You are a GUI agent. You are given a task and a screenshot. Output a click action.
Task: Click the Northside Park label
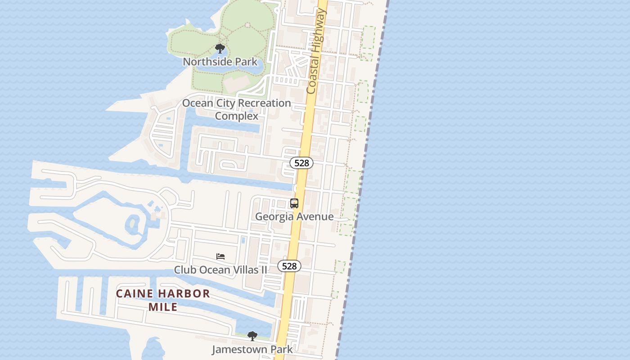click(220, 62)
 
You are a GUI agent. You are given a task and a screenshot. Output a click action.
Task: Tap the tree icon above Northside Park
click(220, 49)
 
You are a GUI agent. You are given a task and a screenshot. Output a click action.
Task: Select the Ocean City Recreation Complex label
click(236, 109)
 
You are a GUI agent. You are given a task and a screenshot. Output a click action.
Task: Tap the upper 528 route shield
click(301, 163)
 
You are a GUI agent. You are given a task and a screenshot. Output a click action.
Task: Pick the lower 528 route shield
click(289, 266)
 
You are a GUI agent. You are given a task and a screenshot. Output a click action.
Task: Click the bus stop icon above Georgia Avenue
click(294, 203)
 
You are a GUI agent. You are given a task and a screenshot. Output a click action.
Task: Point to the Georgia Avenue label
click(294, 216)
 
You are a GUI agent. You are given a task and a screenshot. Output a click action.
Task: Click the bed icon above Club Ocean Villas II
click(220, 256)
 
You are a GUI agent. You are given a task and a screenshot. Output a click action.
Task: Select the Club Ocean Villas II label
click(220, 270)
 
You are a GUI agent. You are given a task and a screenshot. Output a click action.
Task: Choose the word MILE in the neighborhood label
click(163, 307)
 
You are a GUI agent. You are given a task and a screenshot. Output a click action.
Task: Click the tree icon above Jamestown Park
click(252, 336)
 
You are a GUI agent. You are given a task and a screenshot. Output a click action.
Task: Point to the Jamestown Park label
click(252, 349)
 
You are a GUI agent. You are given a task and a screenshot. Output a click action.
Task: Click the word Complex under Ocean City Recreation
click(236, 116)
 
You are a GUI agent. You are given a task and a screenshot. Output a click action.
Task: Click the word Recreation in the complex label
click(264, 103)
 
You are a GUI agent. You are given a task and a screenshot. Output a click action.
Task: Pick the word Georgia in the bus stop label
click(273, 216)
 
